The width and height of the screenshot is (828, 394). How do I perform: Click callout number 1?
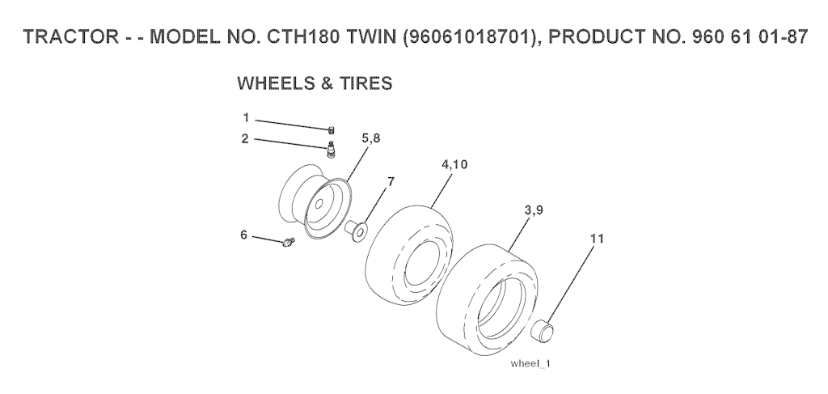pyautogui.click(x=246, y=118)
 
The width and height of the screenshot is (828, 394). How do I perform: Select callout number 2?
pyautogui.click(x=245, y=139)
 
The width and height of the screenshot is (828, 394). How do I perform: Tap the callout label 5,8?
pyautogui.click(x=370, y=138)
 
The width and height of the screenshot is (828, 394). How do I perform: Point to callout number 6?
pyautogui.click(x=244, y=235)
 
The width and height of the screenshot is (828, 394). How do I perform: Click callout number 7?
pyautogui.click(x=391, y=182)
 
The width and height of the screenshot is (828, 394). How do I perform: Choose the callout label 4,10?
pyautogui.click(x=454, y=165)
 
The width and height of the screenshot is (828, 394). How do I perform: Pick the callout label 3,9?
pyautogui.click(x=534, y=210)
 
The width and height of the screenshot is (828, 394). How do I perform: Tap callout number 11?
pyautogui.click(x=597, y=239)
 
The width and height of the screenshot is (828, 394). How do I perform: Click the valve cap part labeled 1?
pyautogui.click(x=332, y=130)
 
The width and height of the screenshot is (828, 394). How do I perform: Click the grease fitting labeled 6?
pyautogui.click(x=289, y=242)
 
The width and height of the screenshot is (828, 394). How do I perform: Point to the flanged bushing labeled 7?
pyautogui.click(x=356, y=231)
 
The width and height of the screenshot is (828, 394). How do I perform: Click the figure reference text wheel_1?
pyautogui.click(x=530, y=364)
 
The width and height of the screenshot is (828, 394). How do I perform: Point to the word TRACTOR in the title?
pyautogui.click(x=72, y=37)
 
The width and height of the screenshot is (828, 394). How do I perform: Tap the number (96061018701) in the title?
pyautogui.click(x=471, y=37)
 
